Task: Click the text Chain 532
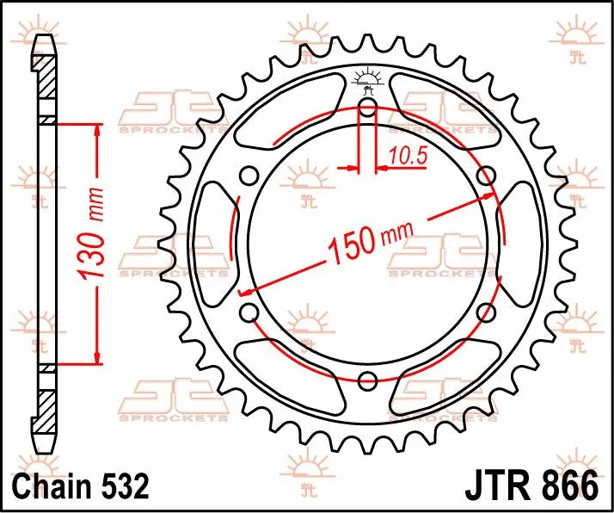pos(81,486)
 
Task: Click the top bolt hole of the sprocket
pos(368,107)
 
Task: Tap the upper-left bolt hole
pos(249,176)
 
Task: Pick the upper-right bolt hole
pos(487,176)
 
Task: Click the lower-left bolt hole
pos(249,312)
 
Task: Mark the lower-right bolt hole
pos(487,312)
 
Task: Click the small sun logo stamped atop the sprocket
pos(368,78)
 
